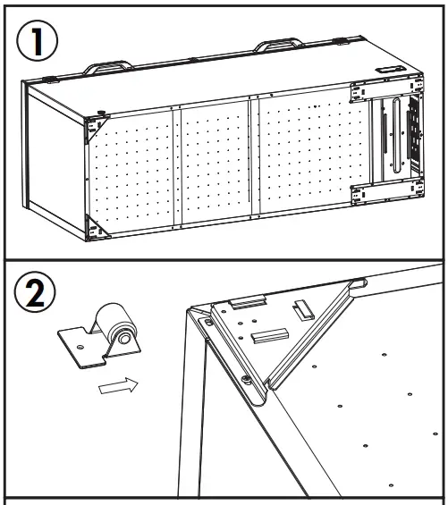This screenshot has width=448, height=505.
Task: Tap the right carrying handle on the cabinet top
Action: pos(278,46)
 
